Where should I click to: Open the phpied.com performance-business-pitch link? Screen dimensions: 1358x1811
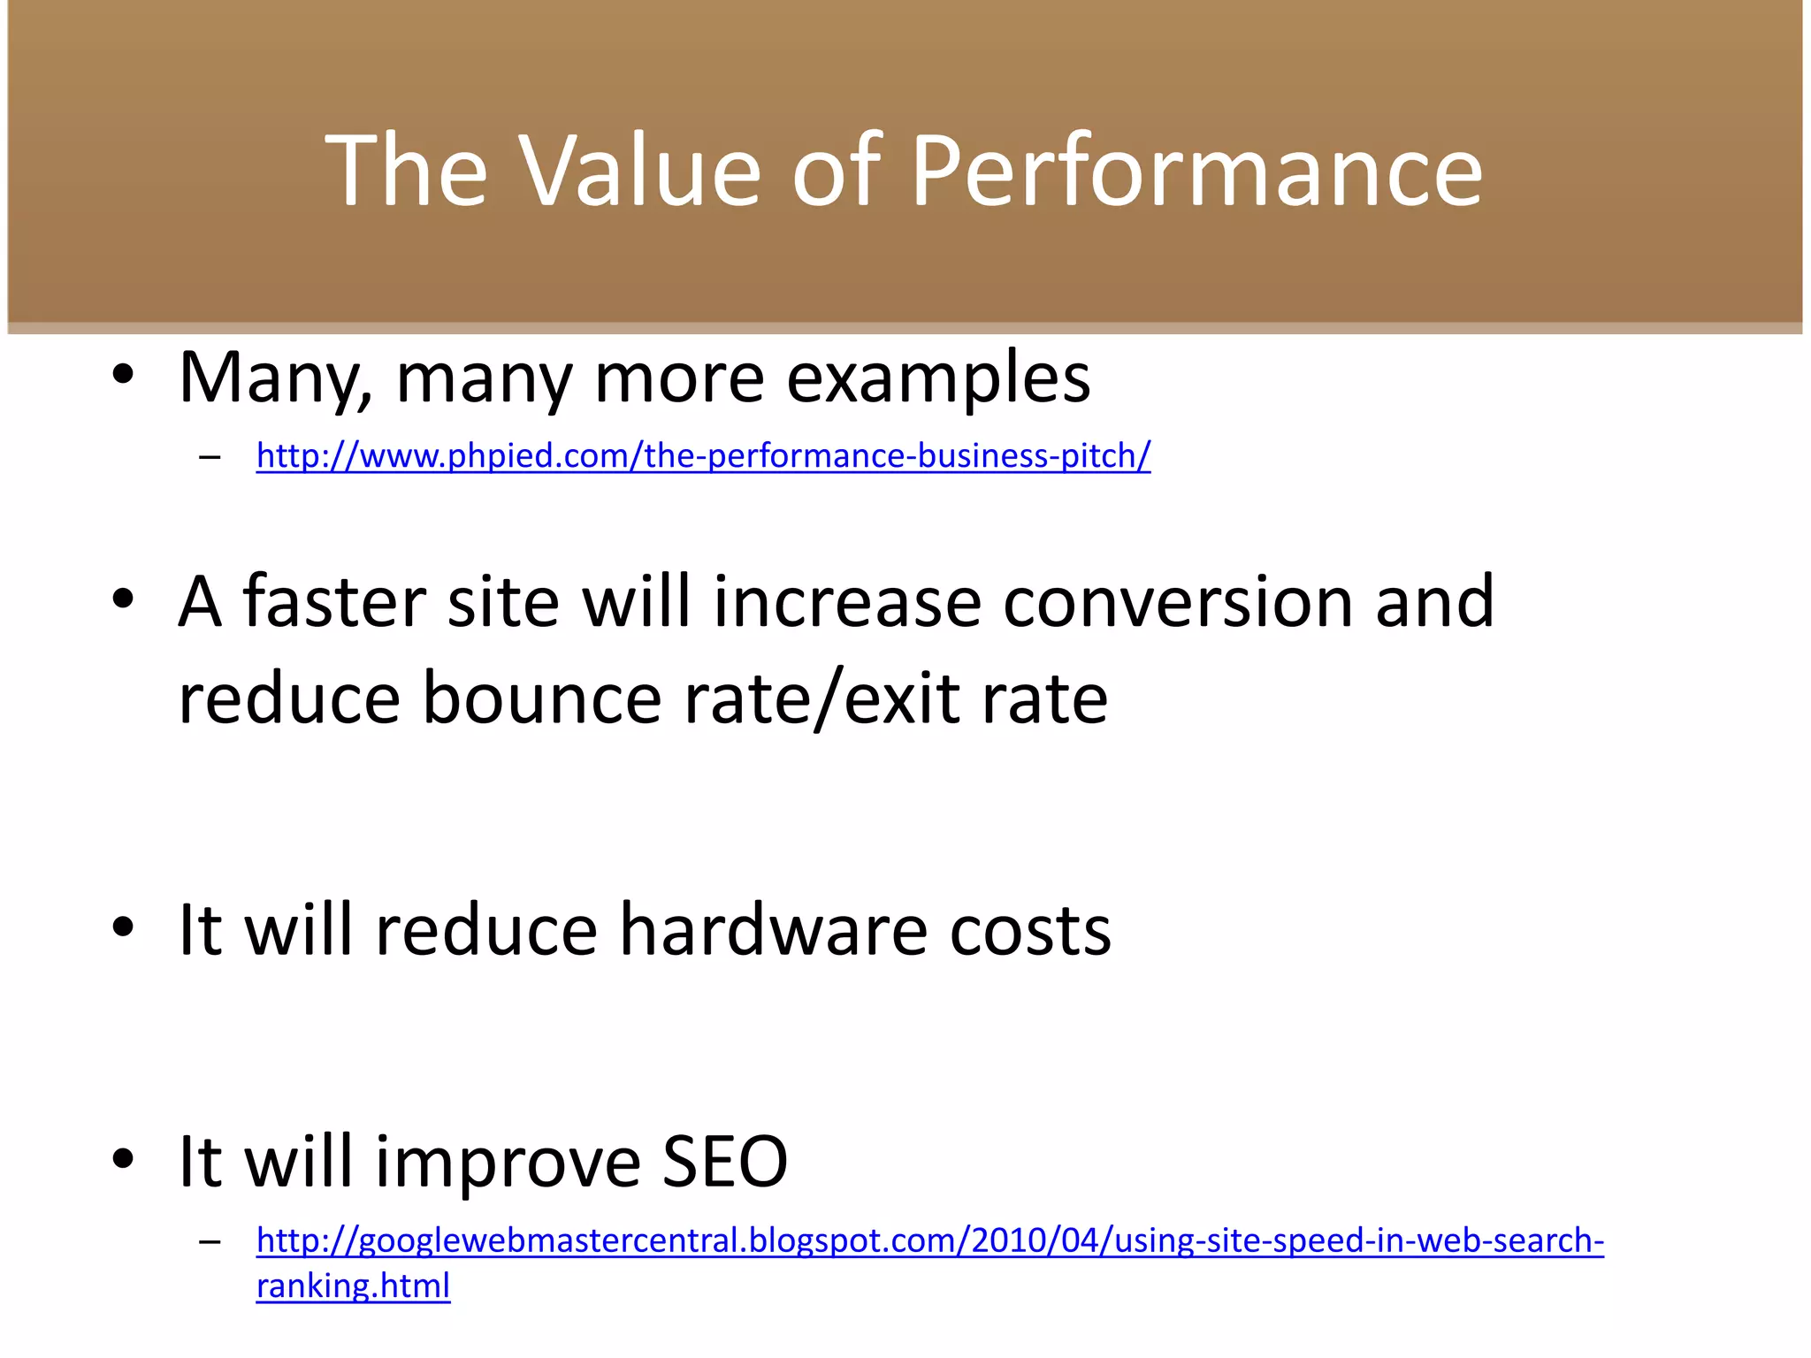pos(703,456)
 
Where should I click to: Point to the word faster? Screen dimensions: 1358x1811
pos(335,602)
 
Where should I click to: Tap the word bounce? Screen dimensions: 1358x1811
pos(541,698)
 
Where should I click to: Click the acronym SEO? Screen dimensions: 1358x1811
pos(724,1162)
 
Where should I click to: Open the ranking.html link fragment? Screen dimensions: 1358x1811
pos(353,1286)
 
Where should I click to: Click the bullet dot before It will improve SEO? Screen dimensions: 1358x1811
pos(123,1158)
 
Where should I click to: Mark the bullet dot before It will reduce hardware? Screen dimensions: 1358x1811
pos(123,927)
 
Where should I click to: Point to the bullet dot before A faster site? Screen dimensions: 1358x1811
pos(123,599)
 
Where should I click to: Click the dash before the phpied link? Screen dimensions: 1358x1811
pos(210,458)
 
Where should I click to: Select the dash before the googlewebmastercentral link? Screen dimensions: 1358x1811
pos(210,1242)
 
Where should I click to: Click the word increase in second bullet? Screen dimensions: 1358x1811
pos(847,602)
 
